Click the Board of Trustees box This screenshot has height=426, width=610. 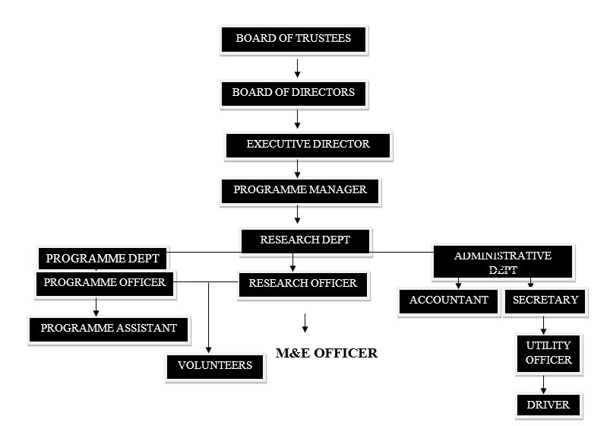(293, 39)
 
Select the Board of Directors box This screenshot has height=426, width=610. (293, 93)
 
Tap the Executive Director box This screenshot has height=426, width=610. (308, 145)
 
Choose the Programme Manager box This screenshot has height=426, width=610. (299, 190)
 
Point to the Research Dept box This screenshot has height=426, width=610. (305, 240)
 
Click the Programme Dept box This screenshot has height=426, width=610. (103, 259)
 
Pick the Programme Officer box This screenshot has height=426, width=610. (104, 283)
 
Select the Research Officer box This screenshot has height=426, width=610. (302, 284)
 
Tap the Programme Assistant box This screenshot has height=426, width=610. (109, 329)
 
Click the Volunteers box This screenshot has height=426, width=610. (215, 366)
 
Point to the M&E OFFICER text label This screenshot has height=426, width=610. (326, 353)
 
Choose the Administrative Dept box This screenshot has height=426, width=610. (502, 262)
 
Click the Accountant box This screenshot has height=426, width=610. (448, 300)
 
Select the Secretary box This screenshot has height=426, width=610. (545, 300)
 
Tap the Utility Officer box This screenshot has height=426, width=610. (548, 353)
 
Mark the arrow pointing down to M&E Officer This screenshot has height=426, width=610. (305, 323)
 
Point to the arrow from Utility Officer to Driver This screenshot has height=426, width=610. (544, 384)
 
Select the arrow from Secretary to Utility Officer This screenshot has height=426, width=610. (544, 326)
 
